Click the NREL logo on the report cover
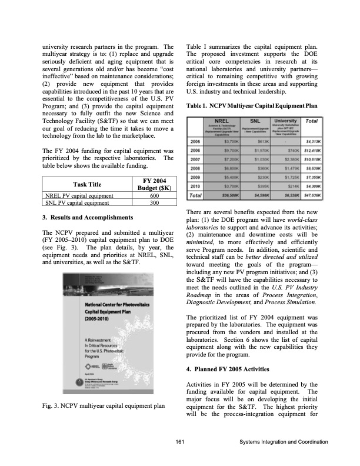pos(98,367)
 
